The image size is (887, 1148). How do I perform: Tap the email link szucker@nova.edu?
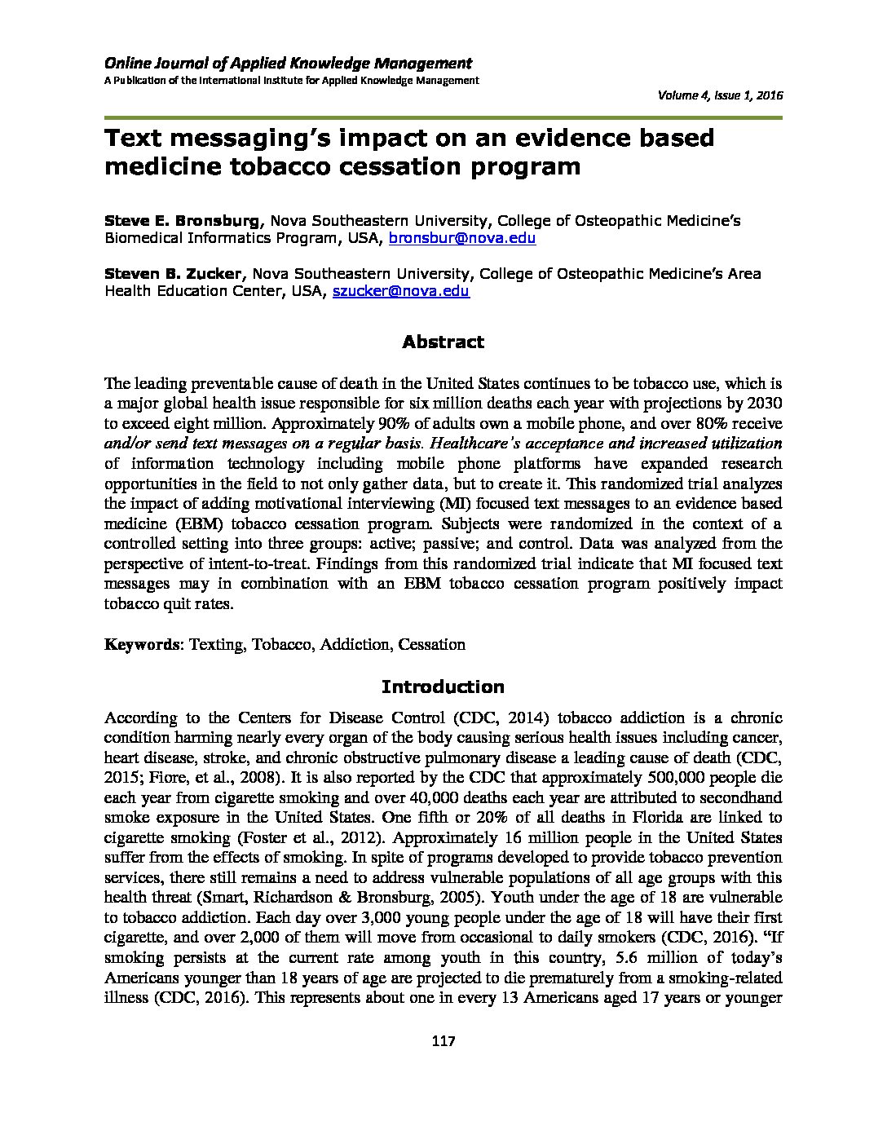pos(401,291)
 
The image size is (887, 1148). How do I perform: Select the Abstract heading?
pos(443,342)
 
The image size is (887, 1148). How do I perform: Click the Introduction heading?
pos(443,687)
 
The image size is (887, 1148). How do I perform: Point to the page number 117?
pos(443,1041)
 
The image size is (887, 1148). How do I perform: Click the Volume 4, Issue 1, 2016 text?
pos(720,96)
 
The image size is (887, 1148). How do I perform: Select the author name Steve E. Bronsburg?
pos(182,220)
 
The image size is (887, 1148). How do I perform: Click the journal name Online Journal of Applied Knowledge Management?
pos(288,63)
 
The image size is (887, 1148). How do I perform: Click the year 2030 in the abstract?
pos(766,404)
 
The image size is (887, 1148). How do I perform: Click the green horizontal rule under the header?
pos(443,118)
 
